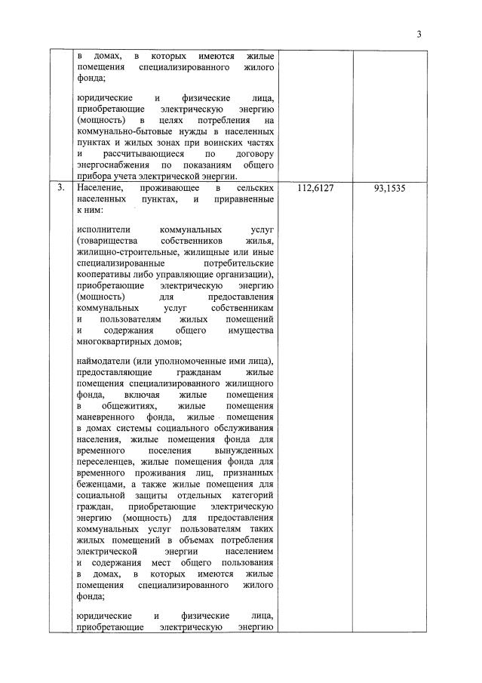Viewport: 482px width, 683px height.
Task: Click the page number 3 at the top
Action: [419, 34]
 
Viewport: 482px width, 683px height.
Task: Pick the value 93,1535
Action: [389, 188]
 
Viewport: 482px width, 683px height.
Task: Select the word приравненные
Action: [243, 199]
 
